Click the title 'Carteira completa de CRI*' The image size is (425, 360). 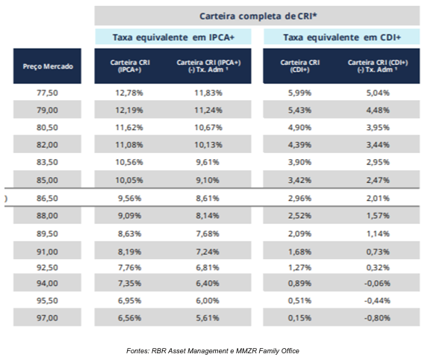click(x=258, y=16)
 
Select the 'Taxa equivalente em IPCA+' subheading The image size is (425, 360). click(x=173, y=37)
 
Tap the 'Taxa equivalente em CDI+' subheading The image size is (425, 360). click(x=342, y=37)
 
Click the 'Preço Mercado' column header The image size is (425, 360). click(x=48, y=66)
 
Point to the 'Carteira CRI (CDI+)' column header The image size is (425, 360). click(x=300, y=66)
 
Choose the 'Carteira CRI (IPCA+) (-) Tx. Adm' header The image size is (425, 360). click(x=208, y=66)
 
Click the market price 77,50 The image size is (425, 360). click(x=47, y=93)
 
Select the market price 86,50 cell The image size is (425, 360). click(x=47, y=198)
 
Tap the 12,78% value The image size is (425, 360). click(x=129, y=93)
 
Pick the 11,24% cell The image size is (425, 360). click(x=208, y=110)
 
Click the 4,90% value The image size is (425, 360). click(x=300, y=128)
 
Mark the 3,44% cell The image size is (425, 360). click(x=378, y=145)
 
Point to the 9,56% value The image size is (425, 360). click(x=129, y=198)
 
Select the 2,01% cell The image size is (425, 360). click(x=378, y=198)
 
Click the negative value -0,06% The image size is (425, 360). click(x=377, y=283)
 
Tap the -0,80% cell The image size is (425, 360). click(x=377, y=317)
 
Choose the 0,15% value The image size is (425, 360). click(x=300, y=317)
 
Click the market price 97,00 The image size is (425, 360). click(x=47, y=317)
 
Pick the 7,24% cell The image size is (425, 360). click(x=208, y=252)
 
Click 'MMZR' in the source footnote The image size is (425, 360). click(x=246, y=351)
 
